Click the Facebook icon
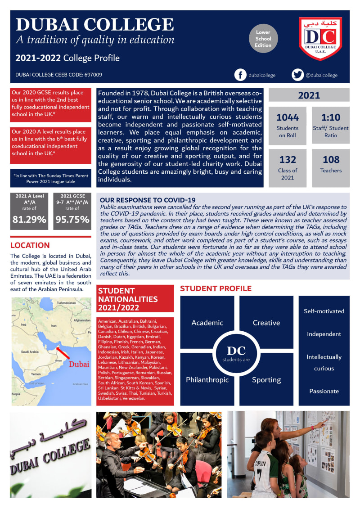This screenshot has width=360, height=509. tap(241, 75)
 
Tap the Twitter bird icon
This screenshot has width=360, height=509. tap(297, 75)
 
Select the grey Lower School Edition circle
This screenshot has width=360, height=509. tap(263, 39)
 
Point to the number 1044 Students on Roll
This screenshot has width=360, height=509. tap(288, 117)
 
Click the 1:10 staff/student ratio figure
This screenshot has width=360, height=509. tap(331, 117)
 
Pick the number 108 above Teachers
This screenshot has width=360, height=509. tap(331, 159)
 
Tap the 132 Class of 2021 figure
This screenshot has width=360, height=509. tap(288, 160)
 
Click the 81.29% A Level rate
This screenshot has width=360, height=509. tap(29, 220)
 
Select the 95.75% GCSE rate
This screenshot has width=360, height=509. tap(72, 220)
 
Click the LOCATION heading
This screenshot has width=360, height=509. tap(30, 245)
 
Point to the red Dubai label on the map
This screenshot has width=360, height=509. tap(79, 364)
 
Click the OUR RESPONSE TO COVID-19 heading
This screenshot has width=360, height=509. tap(148, 200)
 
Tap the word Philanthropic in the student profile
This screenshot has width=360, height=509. tap(207, 380)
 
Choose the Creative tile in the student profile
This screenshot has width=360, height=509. tap(266, 323)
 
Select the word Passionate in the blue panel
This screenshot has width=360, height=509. tap(324, 391)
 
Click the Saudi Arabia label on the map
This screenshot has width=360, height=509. tap(31, 352)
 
